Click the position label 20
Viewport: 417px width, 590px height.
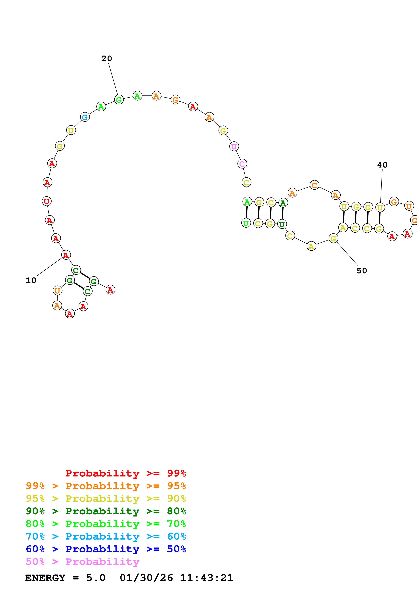click(107, 59)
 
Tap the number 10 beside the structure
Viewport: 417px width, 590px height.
click(31, 280)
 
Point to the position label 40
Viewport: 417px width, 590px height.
click(382, 165)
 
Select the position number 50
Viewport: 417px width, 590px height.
click(362, 271)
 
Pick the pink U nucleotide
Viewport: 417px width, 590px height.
click(234, 146)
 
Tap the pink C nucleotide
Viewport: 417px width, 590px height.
click(242, 164)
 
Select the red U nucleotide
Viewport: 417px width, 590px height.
click(46, 201)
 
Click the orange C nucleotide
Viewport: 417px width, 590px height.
click(314, 185)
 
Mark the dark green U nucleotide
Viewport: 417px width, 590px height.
click(282, 224)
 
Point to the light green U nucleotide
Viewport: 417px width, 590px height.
click(246, 223)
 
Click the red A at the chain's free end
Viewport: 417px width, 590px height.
click(111, 290)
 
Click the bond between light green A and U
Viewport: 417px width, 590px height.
click(247, 212)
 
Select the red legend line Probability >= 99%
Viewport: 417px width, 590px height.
click(125, 473)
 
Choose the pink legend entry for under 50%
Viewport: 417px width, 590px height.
click(82, 561)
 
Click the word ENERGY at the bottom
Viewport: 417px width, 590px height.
click(45, 578)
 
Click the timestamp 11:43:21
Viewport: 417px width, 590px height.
click(207, 578)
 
